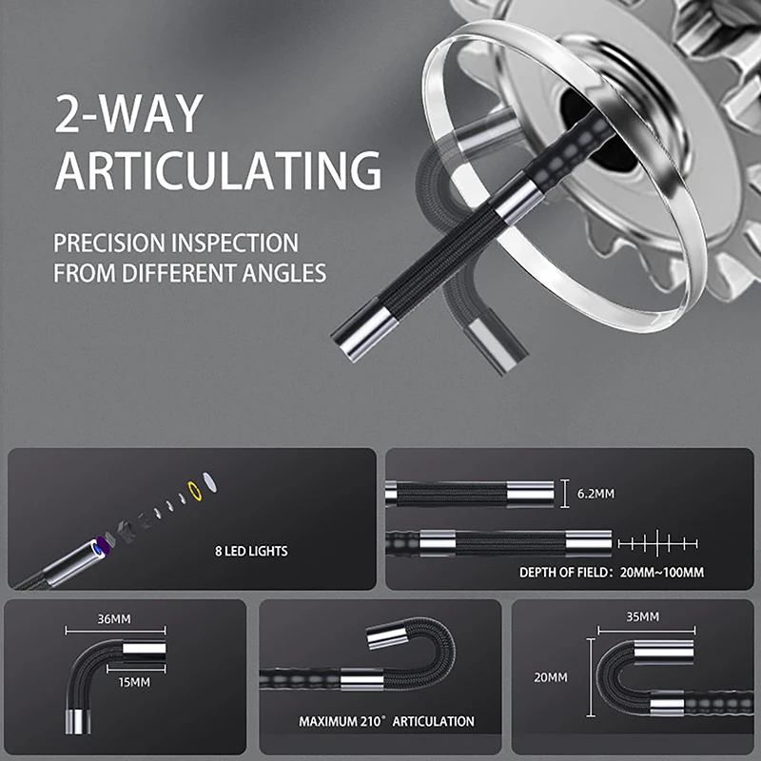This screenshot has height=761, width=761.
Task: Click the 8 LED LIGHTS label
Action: tap(252, 550)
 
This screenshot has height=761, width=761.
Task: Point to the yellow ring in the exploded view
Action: tap(197, 493)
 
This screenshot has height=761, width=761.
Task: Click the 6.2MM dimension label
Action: tap(595, 495)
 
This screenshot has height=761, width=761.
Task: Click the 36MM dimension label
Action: tap(114, 619)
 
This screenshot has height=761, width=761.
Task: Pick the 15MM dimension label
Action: tap(134, 682)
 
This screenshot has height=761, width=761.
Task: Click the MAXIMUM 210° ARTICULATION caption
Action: tap(386, 722)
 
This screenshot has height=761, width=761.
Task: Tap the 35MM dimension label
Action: tap(642, 617)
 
